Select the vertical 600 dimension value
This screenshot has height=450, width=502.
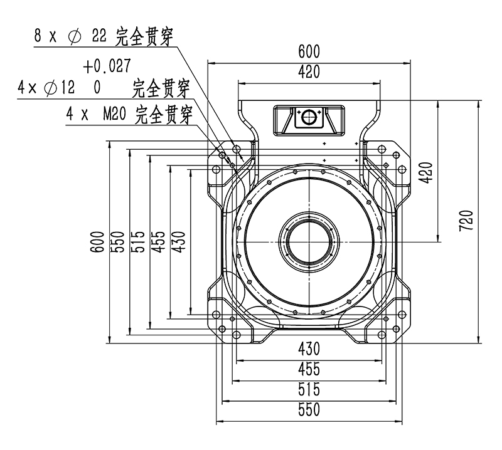point(96,241)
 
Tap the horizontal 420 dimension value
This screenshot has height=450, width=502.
point(309,71)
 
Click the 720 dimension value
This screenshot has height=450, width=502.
point(466,221)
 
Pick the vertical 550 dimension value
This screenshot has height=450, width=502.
point(117,241)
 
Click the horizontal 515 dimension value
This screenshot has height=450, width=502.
point(309,389)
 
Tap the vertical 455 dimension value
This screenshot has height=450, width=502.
point(158,241)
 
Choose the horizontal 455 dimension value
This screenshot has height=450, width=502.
point(309,368)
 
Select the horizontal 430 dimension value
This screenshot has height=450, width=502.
point(309,348)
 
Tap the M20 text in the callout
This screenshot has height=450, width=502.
point(116,115)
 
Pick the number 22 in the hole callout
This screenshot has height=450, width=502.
point(100,36)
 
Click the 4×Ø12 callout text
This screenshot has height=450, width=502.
point(46,88)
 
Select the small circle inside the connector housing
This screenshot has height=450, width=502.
point(309,117)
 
